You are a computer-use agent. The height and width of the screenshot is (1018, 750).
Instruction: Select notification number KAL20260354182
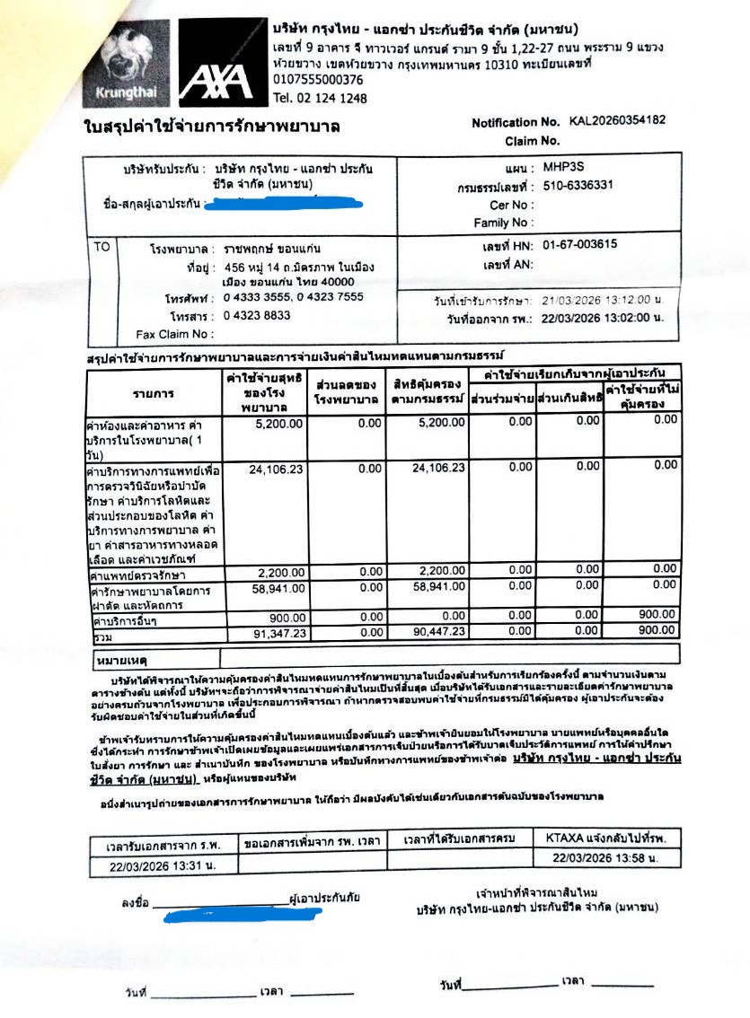tap(617, 121)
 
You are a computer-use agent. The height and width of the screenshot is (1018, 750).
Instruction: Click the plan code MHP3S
tap(563, 167)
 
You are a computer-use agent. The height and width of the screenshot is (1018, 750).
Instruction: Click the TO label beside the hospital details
tap(101, 246)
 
